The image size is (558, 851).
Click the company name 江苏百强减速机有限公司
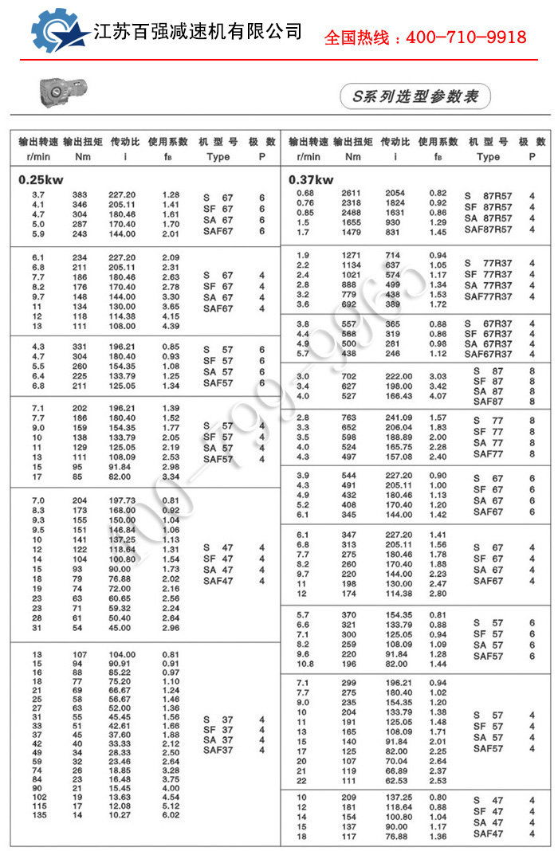[198, 32]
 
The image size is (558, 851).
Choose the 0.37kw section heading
[311, 179]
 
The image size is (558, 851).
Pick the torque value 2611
[352, 194]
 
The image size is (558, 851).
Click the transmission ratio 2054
[395, 194]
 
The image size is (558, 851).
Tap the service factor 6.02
[171, 815]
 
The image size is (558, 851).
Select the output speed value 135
[38, 815]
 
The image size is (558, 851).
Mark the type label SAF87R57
[489, 229]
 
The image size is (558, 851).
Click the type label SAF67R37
[489, 355]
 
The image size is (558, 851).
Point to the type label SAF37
[218, 750]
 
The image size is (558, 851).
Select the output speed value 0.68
[305, 194]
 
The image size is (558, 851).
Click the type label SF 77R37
[489, 274]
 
